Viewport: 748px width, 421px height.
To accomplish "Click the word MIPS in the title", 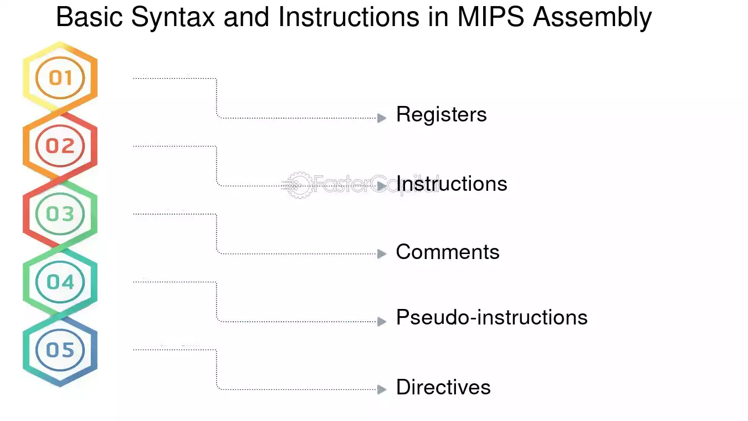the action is pos(490,17).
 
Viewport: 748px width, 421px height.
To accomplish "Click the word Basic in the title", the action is pos(89,17).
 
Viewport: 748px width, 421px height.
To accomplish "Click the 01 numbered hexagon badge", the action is pos(60,78).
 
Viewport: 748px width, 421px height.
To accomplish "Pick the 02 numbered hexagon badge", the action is pos(60,146).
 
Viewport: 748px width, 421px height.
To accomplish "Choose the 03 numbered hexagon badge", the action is pos(60,214).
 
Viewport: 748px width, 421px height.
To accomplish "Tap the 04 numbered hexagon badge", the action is pos(60,282).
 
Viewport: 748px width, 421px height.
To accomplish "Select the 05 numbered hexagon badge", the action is pos(60,350).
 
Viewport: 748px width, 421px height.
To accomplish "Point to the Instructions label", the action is pos(452,184).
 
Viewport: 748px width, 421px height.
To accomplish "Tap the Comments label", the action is pos(448,252).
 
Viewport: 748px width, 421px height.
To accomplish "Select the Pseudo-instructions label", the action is pos(491,318).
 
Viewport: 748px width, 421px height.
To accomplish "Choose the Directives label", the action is pos(443,387).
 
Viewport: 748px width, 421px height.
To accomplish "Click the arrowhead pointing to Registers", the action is pos(382,118).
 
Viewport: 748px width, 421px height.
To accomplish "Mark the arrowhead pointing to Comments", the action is pos(382,253).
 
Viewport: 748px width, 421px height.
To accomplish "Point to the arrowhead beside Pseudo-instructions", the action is pos(382,321).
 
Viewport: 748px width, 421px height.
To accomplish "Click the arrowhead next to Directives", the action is pos(382,389).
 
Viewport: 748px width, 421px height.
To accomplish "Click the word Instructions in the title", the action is pos(349,17).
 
